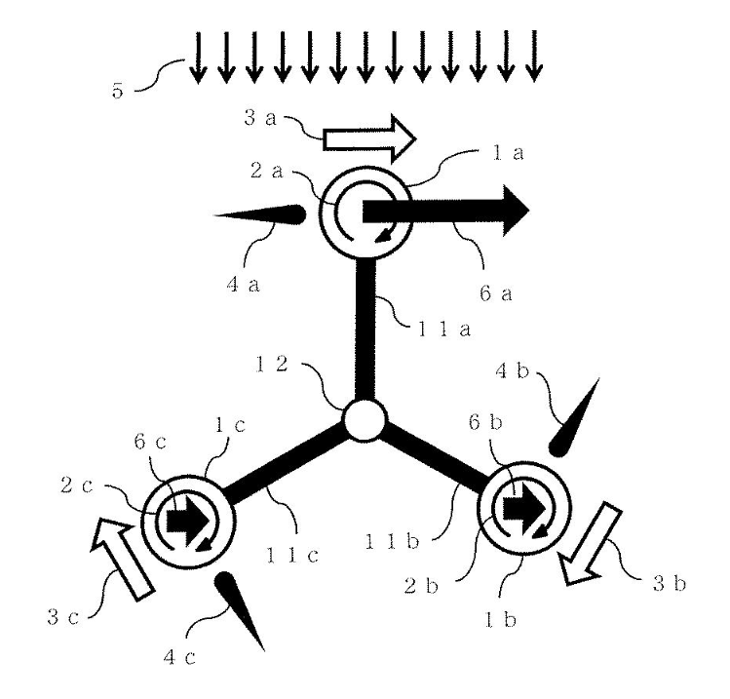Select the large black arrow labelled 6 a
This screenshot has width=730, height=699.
coord(444,211)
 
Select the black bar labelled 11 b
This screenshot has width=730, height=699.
coord(436,461)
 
